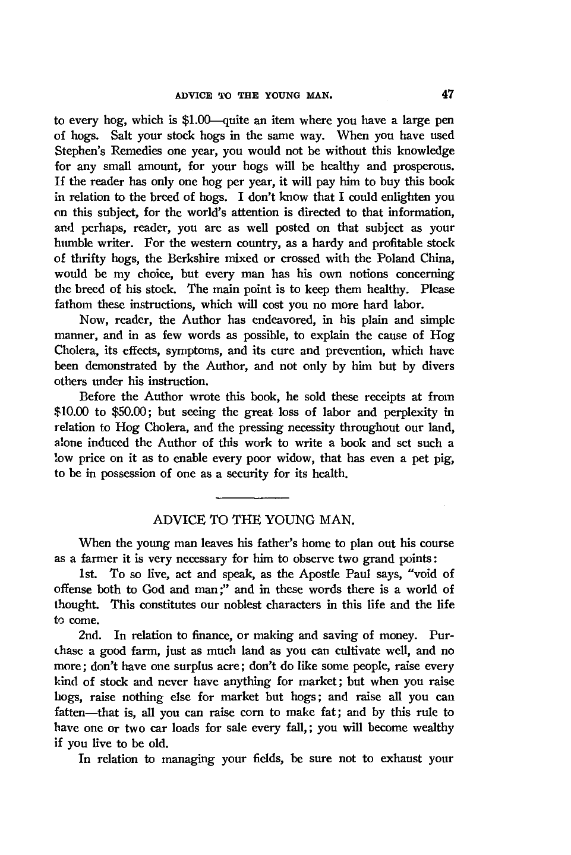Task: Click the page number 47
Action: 447,94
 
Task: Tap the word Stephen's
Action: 76,151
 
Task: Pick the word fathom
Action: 72,305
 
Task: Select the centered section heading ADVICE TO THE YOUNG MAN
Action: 254,521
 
